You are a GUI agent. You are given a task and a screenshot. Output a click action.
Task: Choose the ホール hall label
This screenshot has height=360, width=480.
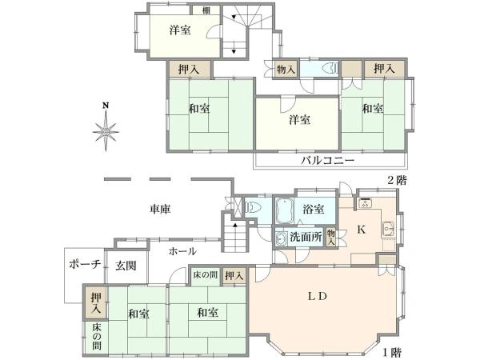coord(182,251)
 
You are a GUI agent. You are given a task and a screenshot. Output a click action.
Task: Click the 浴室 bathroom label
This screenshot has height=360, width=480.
coord(313,210)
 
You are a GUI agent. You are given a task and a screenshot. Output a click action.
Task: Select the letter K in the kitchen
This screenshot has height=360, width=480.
coord(361,230)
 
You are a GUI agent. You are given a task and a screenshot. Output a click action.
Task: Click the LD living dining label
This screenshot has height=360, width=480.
coord(318,295)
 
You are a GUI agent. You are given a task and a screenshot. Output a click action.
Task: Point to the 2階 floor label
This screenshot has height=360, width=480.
coord(396,179)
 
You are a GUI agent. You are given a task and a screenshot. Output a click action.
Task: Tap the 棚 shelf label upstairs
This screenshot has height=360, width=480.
coord(206,10)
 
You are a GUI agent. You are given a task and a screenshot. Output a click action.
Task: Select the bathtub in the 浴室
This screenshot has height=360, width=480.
coord(284,212)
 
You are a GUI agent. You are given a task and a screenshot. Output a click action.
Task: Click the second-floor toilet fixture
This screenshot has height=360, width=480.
coord(326,69)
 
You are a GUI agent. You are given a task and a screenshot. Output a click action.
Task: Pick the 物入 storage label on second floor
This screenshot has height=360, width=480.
coord(286,70)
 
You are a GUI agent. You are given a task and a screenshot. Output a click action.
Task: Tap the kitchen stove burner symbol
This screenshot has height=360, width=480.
coord(367,203)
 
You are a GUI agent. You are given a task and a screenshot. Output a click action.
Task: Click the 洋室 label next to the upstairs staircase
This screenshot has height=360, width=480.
coord(180,30)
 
